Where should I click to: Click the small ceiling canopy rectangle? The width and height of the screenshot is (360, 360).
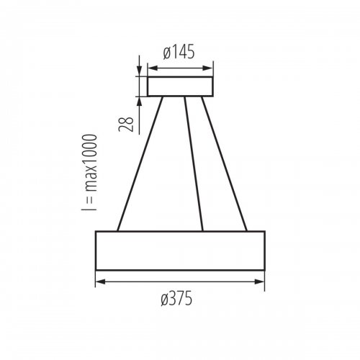pyautogui.click(x=181, y=86)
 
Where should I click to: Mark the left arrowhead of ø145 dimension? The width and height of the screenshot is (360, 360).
pyautogui.click(x=151, y=70)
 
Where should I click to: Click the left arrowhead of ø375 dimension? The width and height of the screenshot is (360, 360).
pyautogui.click(x=99, y=282)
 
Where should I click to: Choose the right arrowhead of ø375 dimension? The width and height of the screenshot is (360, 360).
pyautogui.click(x=261, y=282)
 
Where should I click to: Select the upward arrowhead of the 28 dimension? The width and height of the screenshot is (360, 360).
pyautogui.click(x=138, y=100)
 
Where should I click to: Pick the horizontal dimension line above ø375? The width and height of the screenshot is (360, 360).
pyautogui.click(x=180, y=282)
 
